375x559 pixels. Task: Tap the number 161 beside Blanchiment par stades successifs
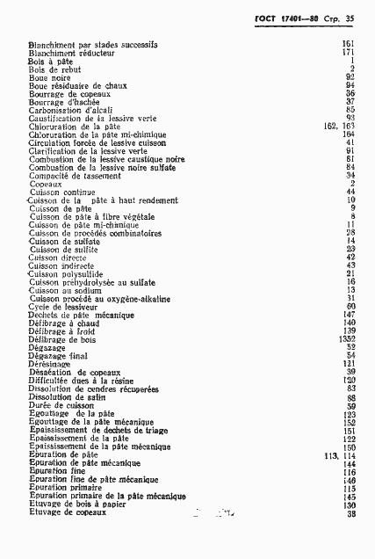348,44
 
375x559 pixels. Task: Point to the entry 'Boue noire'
50,77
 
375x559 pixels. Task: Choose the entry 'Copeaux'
45,184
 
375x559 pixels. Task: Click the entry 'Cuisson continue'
61,192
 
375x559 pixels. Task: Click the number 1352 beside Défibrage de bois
345,339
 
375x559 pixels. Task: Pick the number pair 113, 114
339,455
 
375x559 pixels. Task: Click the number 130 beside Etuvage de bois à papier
349,505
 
